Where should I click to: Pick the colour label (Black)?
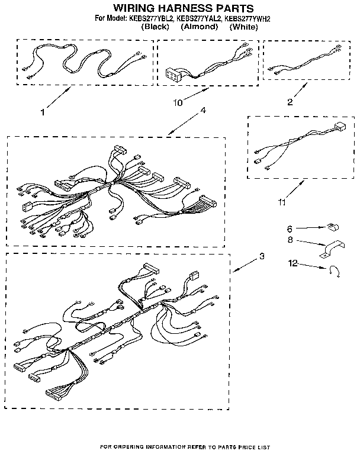tap(156, 27)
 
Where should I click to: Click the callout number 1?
tap(42, 111)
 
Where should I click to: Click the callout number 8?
tap(290, 240)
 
